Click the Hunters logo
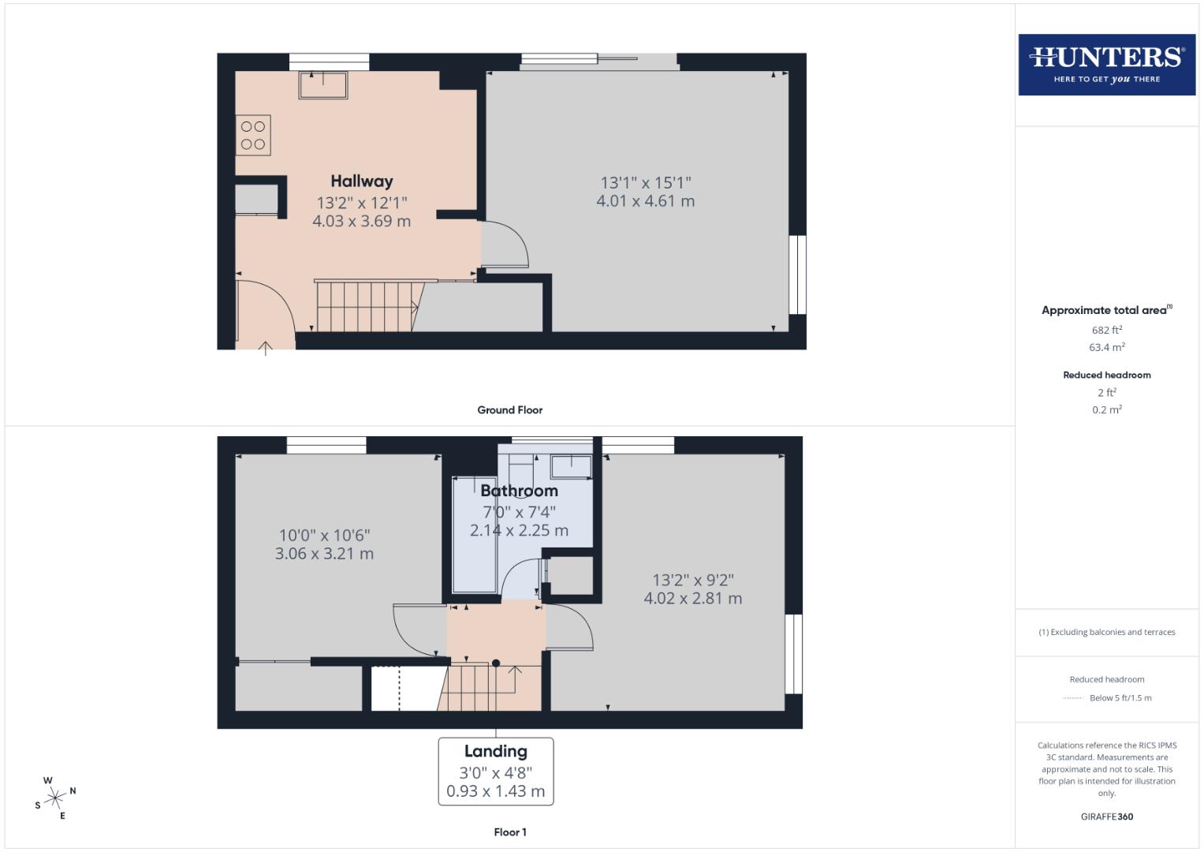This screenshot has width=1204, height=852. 1106,65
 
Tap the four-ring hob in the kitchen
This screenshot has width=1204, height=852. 253,135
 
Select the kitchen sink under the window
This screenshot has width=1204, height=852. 323,85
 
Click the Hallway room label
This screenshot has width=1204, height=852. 361,181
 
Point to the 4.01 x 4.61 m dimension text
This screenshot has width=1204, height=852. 645,201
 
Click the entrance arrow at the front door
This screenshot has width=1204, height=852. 266,347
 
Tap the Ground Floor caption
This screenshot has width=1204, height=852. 509,410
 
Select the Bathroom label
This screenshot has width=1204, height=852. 519,491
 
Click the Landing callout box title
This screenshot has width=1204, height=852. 495,752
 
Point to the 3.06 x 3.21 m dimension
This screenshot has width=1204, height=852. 324,554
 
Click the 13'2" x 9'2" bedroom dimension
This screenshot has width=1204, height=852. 692,580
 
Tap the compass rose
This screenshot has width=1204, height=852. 55,798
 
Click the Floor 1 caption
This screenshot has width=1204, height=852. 509,832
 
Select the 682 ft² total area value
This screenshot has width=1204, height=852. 1106,331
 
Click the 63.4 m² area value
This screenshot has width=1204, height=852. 1106,347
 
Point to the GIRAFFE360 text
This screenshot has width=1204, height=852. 1106,816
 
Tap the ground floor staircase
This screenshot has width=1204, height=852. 366,306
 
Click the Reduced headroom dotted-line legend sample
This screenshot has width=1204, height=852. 1073,698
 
